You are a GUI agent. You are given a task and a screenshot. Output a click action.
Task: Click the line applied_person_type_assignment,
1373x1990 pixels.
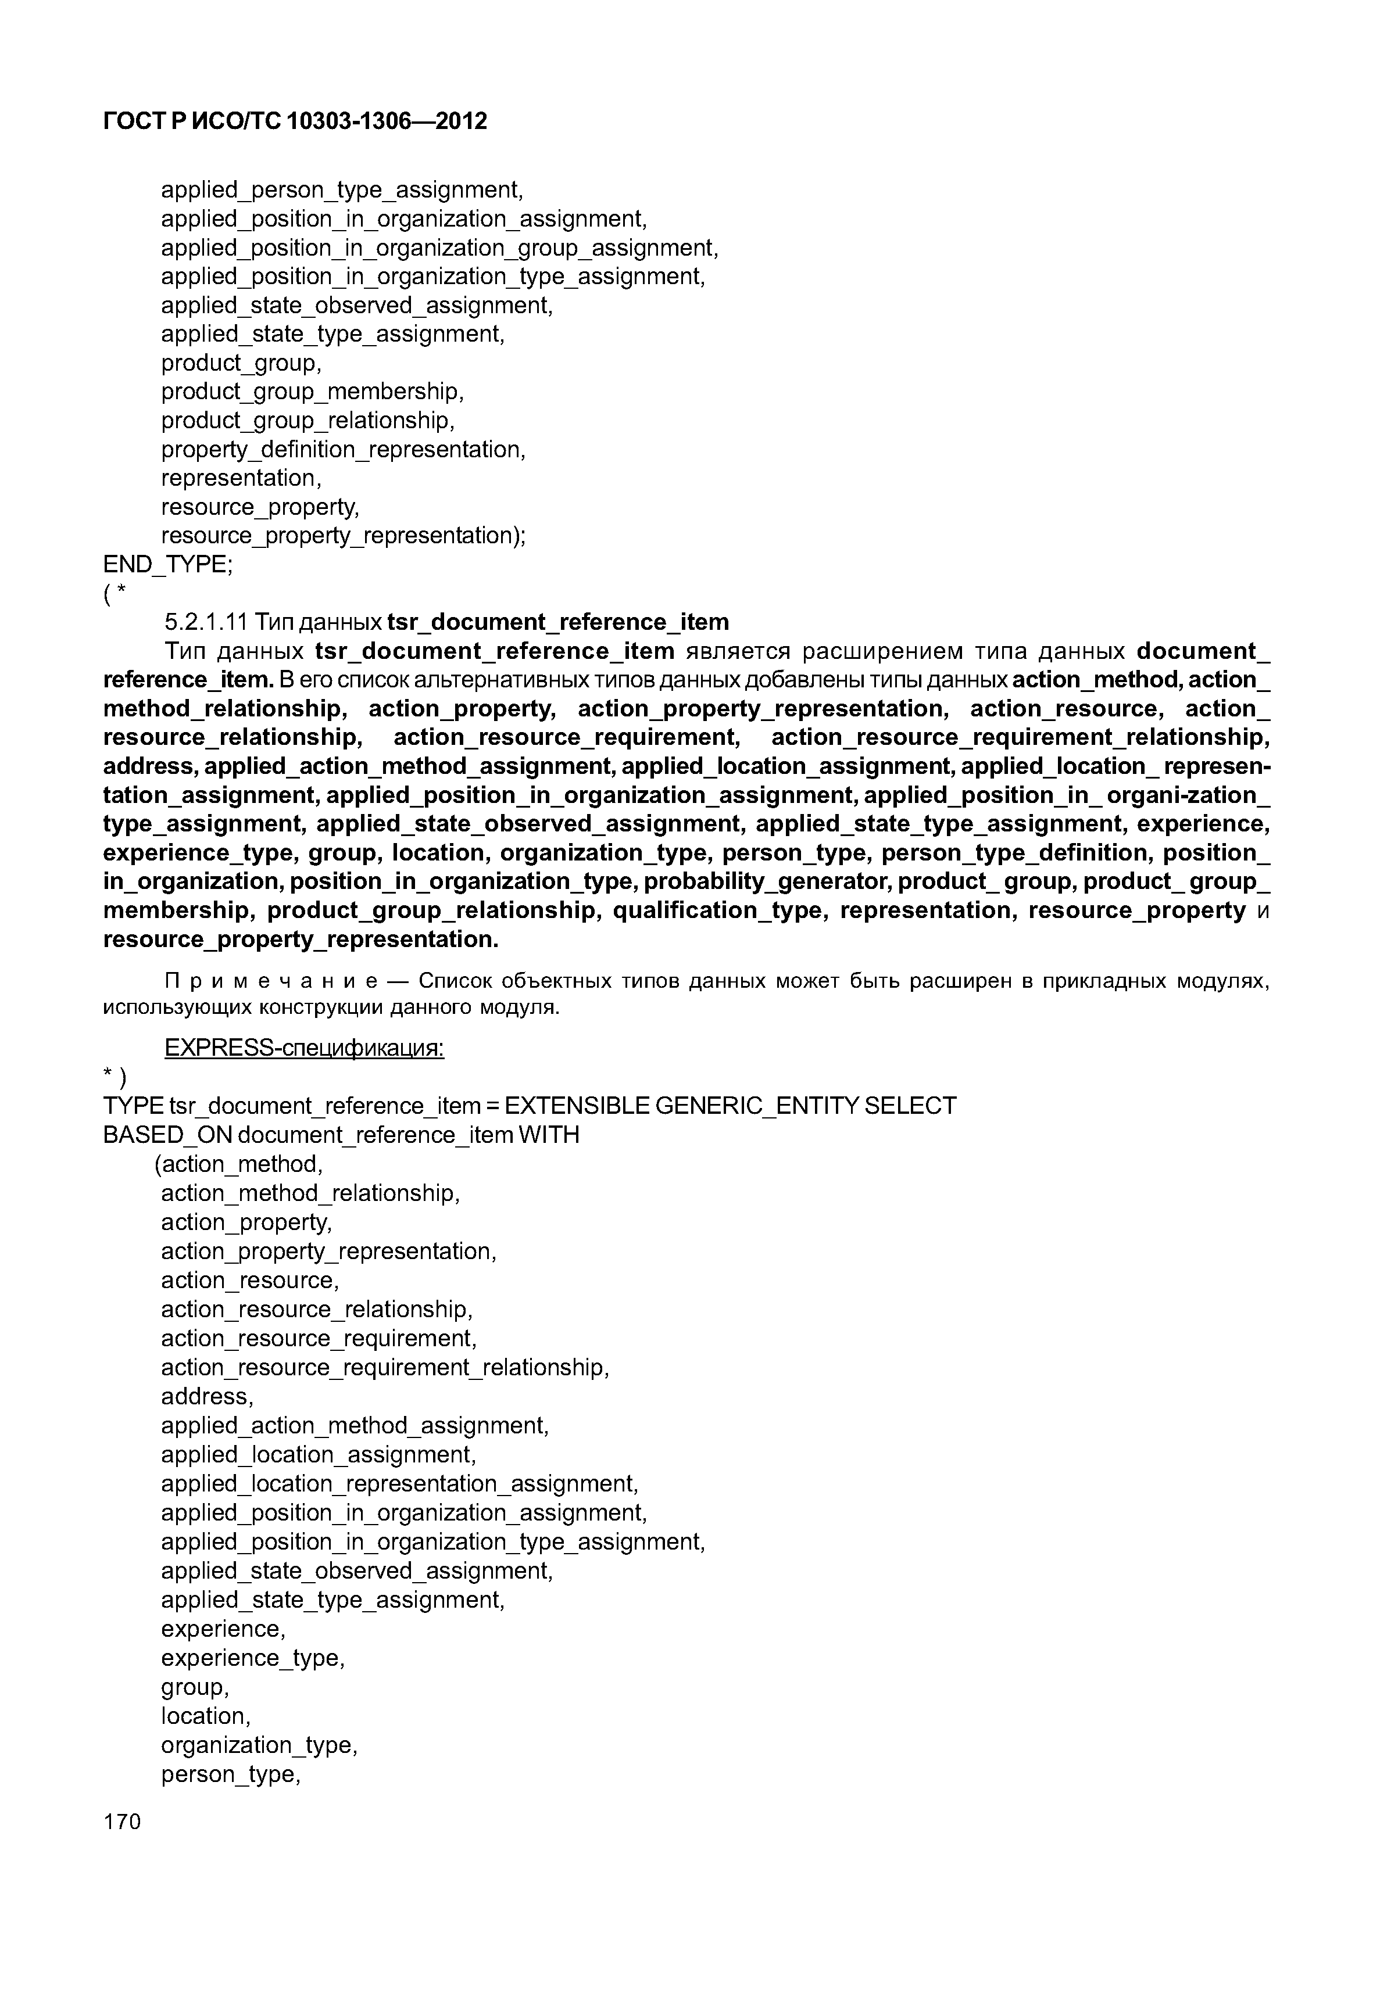click(342, 189)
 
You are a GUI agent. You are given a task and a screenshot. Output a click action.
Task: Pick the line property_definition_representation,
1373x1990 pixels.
click(342, 449)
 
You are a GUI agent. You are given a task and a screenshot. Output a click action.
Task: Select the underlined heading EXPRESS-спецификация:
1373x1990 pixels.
click(303, 1048)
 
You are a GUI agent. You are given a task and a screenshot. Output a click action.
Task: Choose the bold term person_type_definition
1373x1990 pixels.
click(1014, 853)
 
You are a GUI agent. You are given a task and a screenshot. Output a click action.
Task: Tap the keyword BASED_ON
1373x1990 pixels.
click(167, 1135)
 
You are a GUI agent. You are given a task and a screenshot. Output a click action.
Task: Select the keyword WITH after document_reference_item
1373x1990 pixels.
click(549, 1135)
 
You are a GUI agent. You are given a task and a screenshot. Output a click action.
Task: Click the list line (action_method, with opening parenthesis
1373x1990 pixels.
click(239, 1164)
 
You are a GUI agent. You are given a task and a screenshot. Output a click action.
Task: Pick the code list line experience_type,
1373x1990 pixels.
click(252, 1658)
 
